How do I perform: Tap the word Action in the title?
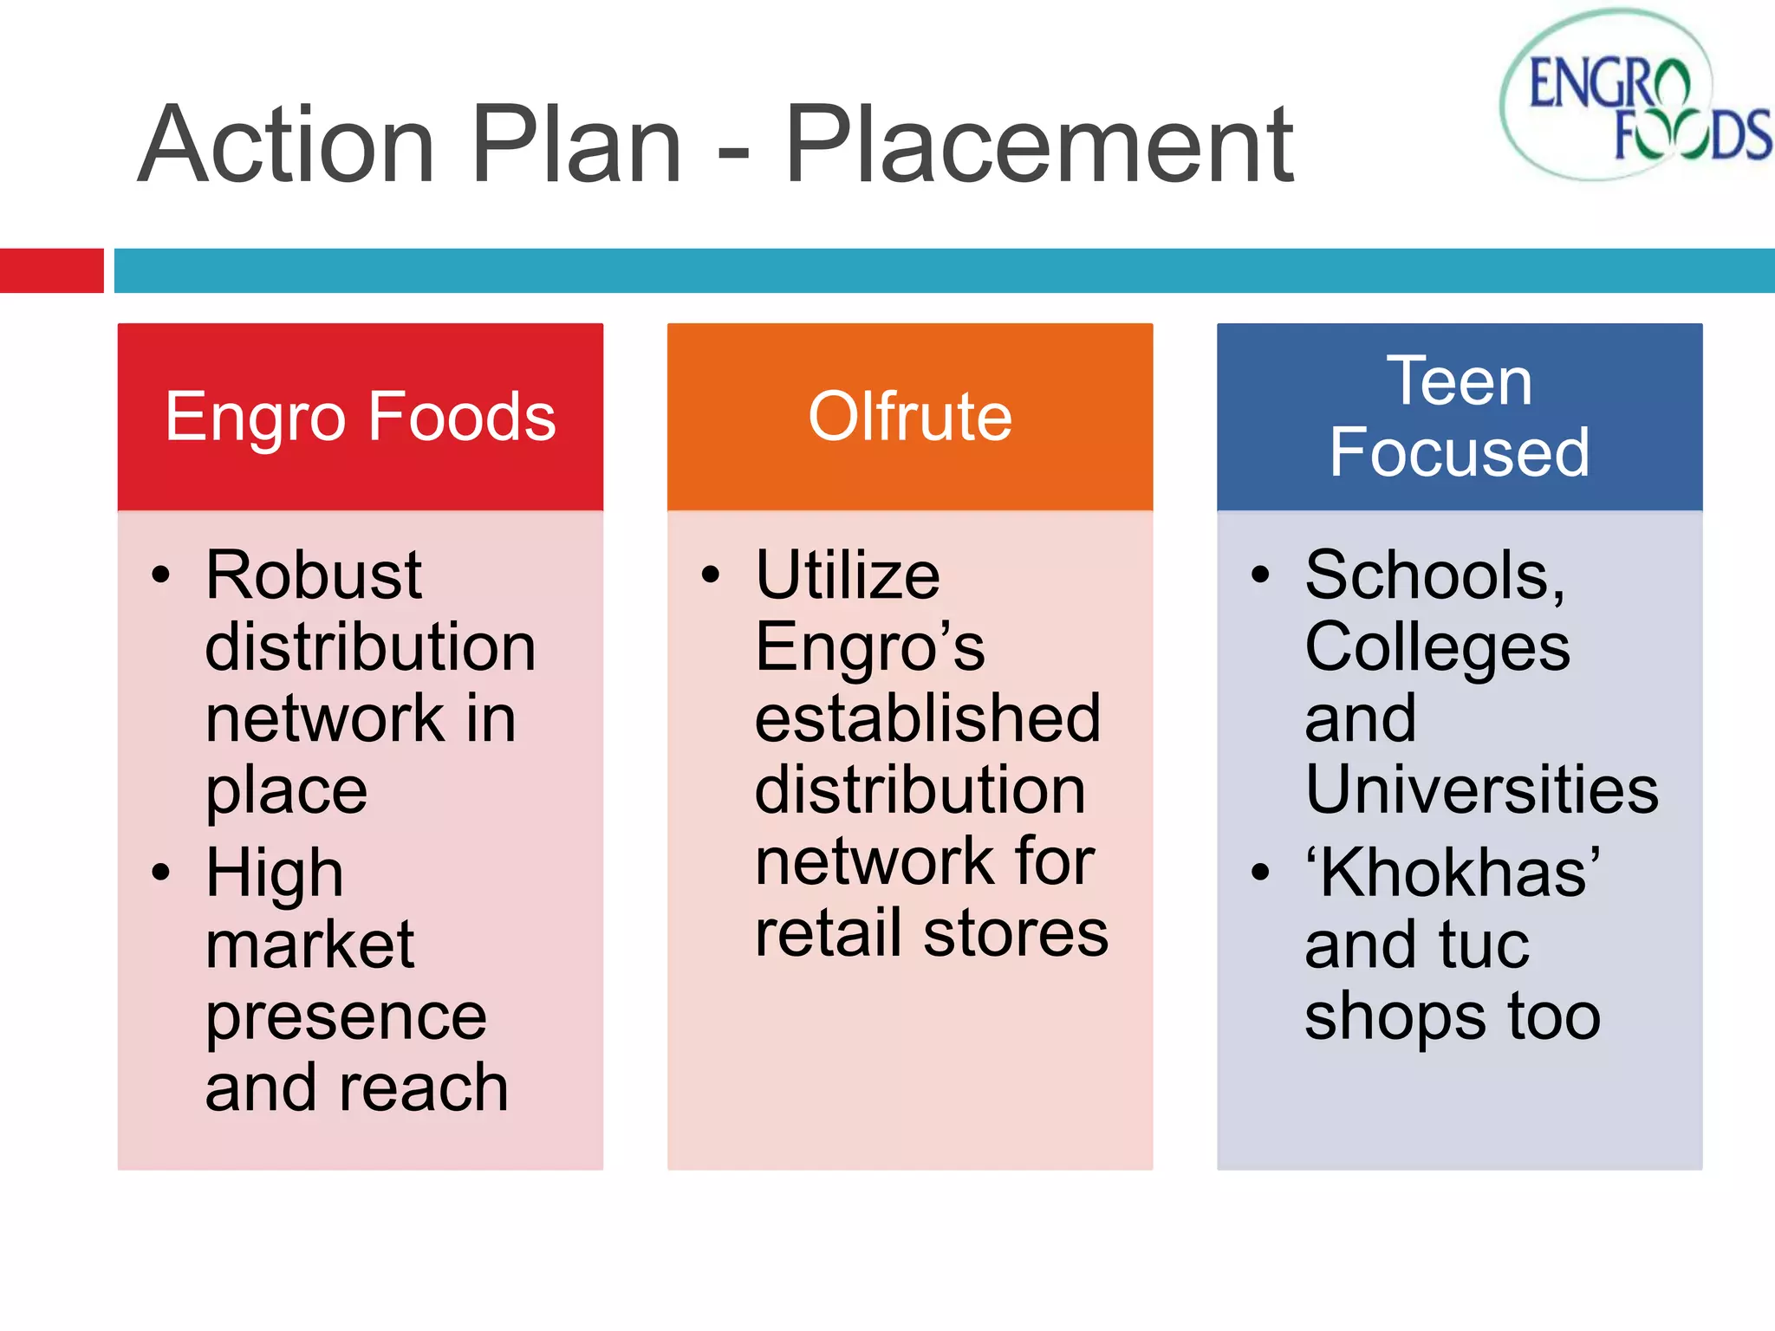click(x=286, y=145)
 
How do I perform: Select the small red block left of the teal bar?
click(x=51, y=270)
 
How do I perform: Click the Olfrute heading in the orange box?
click(x=909, y=417)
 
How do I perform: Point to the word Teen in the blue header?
click(x=1460, y=380)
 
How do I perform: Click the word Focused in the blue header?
click(x=1460, y=452)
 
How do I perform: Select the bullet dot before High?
click(x=161, y=872)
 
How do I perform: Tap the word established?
click(x=927, y=718)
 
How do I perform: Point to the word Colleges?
click(x=1437, y=647)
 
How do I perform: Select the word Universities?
click(x=1481, y=790)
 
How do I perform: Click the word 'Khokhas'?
click(x=1453, y=872)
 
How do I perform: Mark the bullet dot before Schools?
click(x=1260, y=575)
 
